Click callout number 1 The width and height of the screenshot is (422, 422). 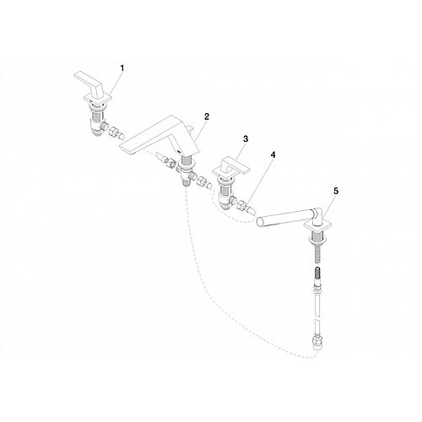tap(122, 68)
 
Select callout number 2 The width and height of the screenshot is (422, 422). tap(207, 116)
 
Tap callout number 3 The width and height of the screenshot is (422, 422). tap(246, 138)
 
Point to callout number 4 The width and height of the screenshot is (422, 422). tap(273, 154)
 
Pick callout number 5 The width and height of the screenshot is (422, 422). tap(336, 192)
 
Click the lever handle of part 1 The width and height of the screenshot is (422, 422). tap(89, 82)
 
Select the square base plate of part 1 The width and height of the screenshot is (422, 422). tap(98, 100)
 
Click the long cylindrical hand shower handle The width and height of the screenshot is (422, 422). tap(284, 216)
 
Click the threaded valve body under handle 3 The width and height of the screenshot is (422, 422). tap(225, 194)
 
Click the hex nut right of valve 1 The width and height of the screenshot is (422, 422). tap(112, 131)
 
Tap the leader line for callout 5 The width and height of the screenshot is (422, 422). tap(328, 208)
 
